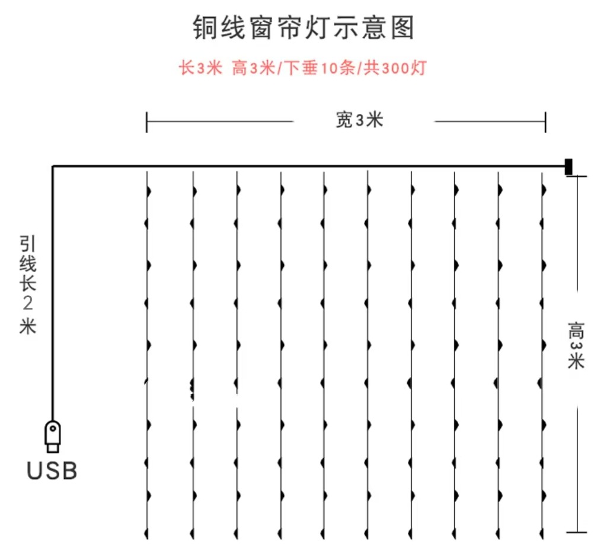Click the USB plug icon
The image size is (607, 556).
point(53,436)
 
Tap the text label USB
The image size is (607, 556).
point(52,471)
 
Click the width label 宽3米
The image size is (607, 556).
point(360,120)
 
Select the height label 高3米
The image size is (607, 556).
point(576,346)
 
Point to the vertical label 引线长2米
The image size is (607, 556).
point(28,285)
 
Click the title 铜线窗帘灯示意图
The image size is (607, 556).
point(304,27)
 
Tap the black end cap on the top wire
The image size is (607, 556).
point(568,167)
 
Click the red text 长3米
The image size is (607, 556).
point(200,68)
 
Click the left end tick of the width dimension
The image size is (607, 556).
point(147,122)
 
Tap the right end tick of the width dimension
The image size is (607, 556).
point(545,122)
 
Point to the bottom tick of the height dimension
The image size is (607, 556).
point(577,532)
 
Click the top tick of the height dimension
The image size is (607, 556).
point(577,176)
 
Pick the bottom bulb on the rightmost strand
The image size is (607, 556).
point(541,534)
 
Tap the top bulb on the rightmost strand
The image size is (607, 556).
point(544,190)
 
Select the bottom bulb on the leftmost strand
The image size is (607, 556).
point(146,534)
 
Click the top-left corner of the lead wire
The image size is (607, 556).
point(53,167)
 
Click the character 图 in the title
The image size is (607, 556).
point(402,27)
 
